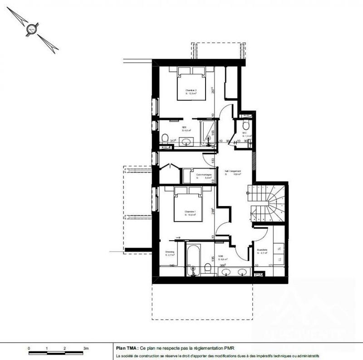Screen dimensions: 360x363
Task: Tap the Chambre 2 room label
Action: (x=191, y=90)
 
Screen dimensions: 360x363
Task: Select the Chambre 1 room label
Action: (x=191, y=212)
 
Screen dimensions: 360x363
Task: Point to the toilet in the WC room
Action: (x=246, y=125)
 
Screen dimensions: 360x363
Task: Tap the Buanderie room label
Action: (x=262, y=251)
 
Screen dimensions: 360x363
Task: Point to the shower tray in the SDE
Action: (x=208, y=132)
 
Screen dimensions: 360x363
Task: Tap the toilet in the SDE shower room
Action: (x=165, y=138)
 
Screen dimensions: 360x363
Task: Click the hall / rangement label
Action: (x=232, y=171)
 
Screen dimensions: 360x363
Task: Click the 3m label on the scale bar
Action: (x=85, y=348)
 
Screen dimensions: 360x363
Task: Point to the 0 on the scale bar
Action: (x=29, y=348)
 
